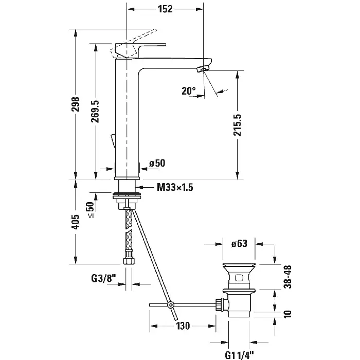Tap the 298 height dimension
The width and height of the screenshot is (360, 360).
pos(77,105)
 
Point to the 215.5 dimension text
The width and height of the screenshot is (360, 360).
pos(237,125)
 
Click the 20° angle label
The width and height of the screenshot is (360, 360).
pos(189,91)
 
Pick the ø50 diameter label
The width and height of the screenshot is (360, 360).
pos(157,163)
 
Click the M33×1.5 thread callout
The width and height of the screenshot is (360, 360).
pos(174,188)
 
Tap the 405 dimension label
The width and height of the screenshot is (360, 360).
pos(77,221)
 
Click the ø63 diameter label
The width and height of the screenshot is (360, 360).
pos(240,243)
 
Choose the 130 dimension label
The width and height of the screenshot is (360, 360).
pos(182,326)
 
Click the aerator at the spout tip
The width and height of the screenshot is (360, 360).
pos(205,68)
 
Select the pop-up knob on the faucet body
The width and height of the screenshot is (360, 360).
pos(112,140)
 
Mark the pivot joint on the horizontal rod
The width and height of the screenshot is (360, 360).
pos(172,305)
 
